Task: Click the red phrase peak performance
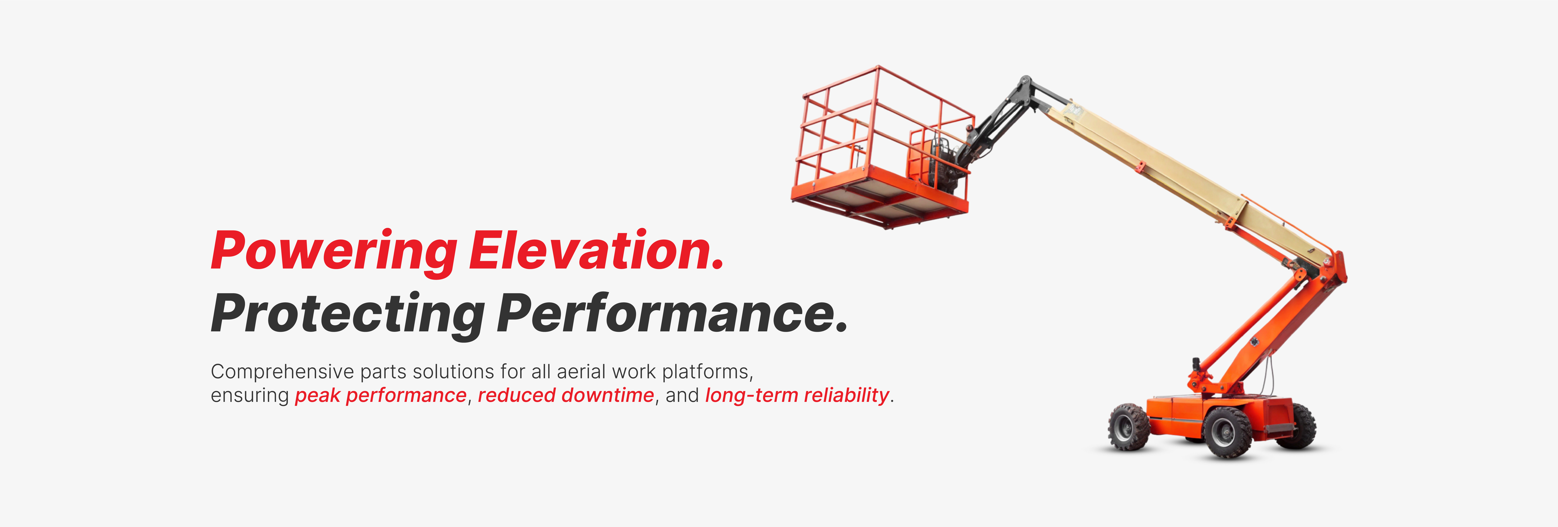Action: point(380,395)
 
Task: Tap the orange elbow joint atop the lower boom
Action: point(1331,269)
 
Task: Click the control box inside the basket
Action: point(922,160)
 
